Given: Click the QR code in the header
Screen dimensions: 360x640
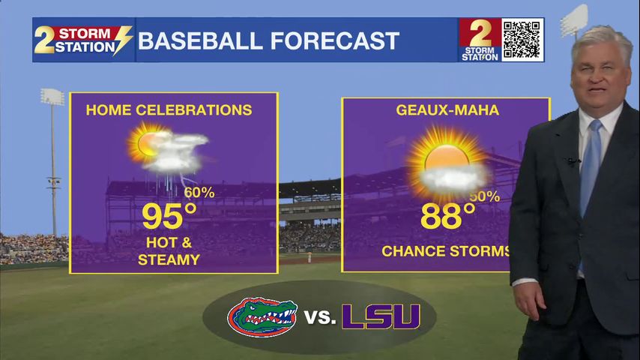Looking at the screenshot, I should point(522,40).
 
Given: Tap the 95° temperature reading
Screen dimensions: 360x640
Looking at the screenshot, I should point(169,217).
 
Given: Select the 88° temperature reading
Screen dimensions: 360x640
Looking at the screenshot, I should point(447,217).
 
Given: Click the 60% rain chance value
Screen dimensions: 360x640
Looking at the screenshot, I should point(199,193).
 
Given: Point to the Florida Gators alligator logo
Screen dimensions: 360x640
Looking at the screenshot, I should point(262,316).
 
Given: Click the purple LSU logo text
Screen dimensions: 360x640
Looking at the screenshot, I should point(381,316).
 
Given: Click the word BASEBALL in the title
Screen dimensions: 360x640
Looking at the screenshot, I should point(200,40).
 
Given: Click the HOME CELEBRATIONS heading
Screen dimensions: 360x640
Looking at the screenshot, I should point(169,110).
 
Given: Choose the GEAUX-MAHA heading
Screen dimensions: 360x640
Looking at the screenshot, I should point(447,111).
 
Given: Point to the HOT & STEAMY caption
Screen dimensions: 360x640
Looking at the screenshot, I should point(169,252).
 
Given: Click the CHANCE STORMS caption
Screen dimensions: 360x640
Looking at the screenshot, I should point(446,251).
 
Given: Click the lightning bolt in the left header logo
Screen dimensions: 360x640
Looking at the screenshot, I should point(121,40).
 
